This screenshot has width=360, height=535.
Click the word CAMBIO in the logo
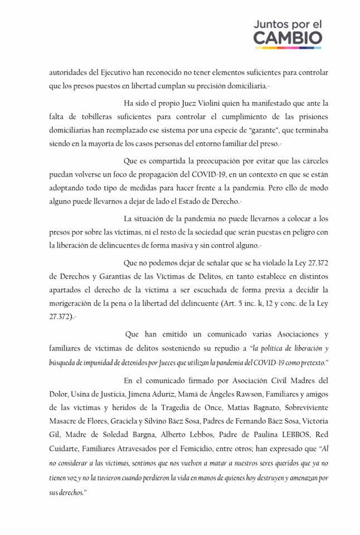pyautogui.click(x=289, y=38)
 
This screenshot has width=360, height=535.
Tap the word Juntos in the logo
pyautogui.click(x=273, y=25)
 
